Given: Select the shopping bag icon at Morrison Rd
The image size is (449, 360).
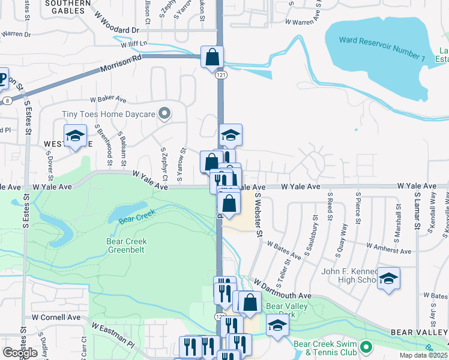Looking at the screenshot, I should [x=212, y=58].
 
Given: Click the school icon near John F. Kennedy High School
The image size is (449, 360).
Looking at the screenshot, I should [x=388, y=278].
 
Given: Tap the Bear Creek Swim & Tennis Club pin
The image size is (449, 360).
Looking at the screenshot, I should [x=365, y=347].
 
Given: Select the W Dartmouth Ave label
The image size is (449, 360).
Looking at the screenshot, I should [x=282, y=288].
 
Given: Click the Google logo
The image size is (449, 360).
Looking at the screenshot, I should [x=20, y=353].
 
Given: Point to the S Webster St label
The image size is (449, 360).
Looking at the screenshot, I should [x=259, y=214].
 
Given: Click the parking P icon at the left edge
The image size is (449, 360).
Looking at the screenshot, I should [x=3, y=79].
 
